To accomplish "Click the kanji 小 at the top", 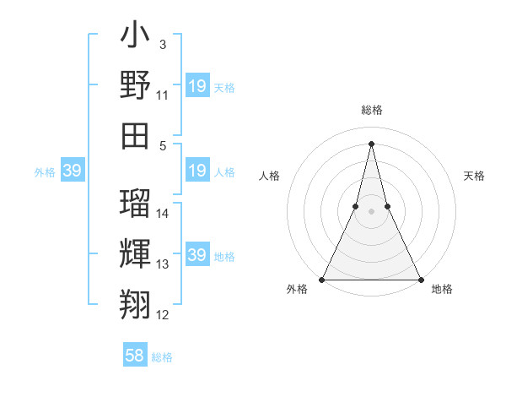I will (135, 38).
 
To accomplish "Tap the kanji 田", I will (135, 134).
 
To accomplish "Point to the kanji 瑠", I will (135, 202).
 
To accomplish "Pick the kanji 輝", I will (135, 253).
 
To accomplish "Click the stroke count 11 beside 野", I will (163, 96).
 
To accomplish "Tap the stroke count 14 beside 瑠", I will (163, 214).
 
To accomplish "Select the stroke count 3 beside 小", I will (162, 43).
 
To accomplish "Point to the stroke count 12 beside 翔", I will (163, 315).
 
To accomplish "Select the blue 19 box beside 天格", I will (197, 86).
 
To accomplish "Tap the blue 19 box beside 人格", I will (197, 171).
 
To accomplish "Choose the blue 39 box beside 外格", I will (72, 171).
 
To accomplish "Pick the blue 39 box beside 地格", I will (197, 255).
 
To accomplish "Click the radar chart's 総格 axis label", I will (371, 111).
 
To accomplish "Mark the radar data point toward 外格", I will (322, 280).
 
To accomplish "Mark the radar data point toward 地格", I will (420, 280).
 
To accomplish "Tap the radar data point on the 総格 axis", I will (371, 143).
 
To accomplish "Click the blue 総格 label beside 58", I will (162, 357).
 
